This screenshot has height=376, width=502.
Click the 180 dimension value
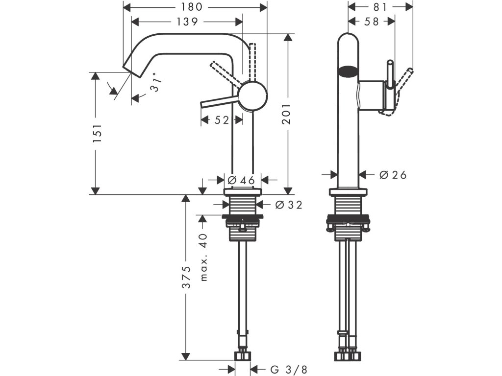[x=192, y=7]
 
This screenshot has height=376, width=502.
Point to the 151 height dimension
[x=98, y=133]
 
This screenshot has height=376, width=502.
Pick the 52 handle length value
[x=222, y=120]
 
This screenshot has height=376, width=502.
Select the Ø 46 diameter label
[x=241, y=180]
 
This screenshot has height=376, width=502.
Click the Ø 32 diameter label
[x=289, y=205]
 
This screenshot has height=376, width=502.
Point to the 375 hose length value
[x=186, y=277]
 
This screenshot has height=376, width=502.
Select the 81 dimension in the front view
[x=380, y=7]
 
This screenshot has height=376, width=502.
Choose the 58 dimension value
[x=372, y=22]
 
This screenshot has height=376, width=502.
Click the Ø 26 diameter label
[x=393, y=175]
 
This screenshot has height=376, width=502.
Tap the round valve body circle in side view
[x=253, y=95]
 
